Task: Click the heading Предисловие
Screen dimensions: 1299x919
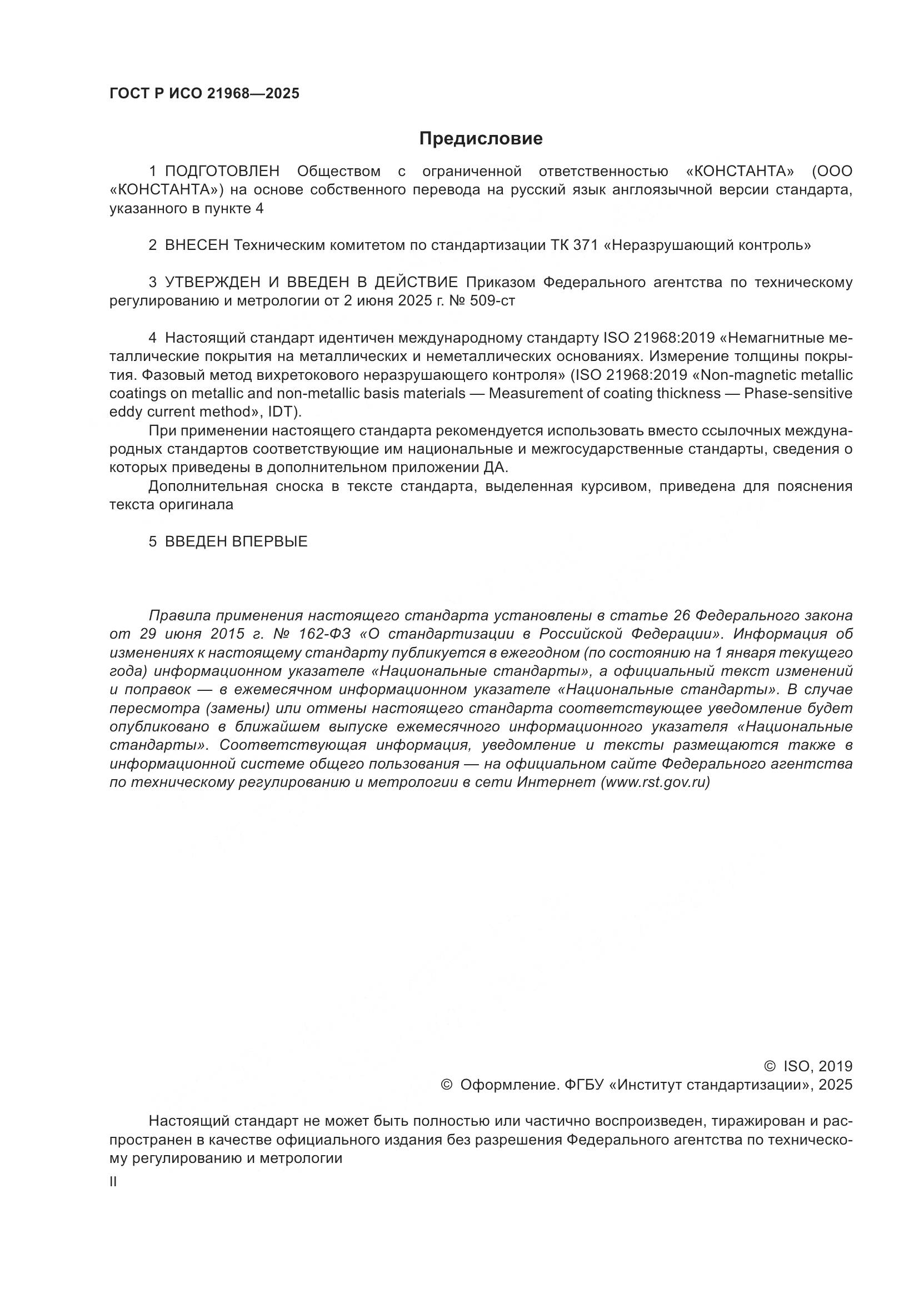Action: click(x=481, y=139)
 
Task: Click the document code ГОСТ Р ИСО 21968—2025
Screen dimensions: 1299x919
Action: click(x=204, y=94)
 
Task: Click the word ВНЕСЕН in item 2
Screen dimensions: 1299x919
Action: click(x=197, y=245)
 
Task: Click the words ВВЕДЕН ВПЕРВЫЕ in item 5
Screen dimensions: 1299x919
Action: click(x=236, y=541)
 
